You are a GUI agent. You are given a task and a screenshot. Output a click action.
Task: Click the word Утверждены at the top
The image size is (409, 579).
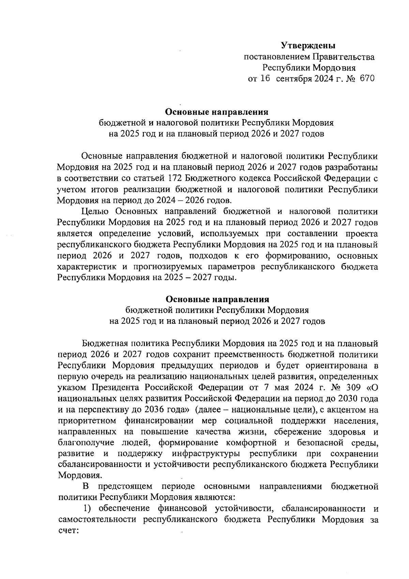click(308, 45)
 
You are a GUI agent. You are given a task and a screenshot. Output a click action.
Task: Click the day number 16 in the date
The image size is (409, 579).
click(265, 79)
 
